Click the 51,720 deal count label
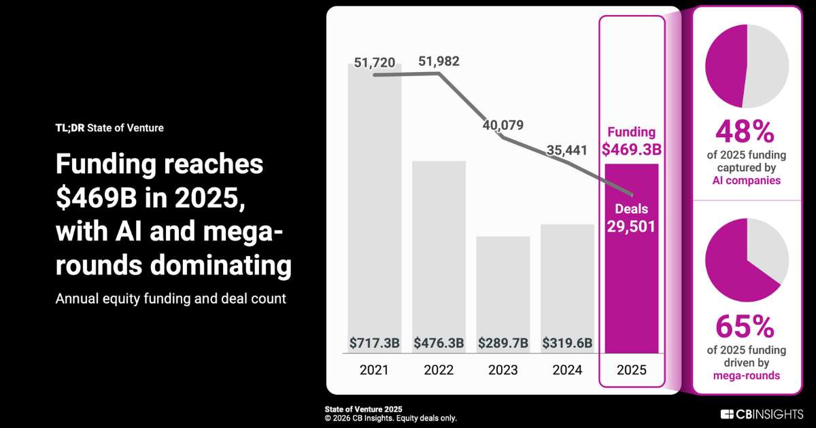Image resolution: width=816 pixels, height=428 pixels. tap(375, 64)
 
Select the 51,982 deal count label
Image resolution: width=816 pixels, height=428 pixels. tap(439, 61)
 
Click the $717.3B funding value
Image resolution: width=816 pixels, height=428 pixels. tap(375, 343)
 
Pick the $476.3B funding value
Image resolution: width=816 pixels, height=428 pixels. tap(439, 343)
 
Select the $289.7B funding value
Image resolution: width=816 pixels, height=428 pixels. tap(503, 343)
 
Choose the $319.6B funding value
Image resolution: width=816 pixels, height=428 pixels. tap(567, 343)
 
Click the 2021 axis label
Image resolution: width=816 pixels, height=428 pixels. tap(375, 370)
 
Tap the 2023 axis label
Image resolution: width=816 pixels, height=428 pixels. tap(503, 370)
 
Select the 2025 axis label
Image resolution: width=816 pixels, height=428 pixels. tap(632, 370)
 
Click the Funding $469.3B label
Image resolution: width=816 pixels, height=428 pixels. tap(632, 141)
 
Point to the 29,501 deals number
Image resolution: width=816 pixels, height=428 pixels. tap(632, 226)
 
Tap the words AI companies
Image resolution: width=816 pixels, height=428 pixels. tap(747, 181)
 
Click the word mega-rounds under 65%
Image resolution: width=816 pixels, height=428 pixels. tap(747, 375)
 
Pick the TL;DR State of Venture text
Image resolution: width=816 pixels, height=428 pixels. tap(109, 128)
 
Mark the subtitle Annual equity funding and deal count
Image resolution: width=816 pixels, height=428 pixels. tap(171, 298)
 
